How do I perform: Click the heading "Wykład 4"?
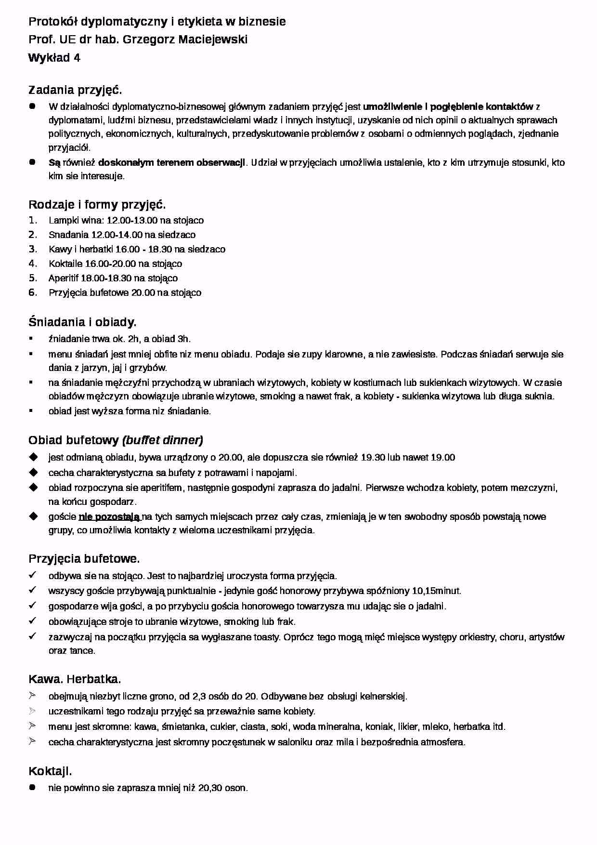click(x=54, y=58)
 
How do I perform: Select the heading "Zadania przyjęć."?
click(x=75, y=90)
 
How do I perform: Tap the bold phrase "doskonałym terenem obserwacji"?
click(x=171, y=162)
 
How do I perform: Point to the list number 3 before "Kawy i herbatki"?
click(x=33, y=249)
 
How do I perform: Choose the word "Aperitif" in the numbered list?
click(x=63, y=278)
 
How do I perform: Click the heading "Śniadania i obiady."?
click(x=82, y=322)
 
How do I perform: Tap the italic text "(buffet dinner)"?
click(x=163, y=440)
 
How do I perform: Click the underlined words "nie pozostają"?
click(x=109, y=517)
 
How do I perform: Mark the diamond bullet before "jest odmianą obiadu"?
click(x=33, y=457)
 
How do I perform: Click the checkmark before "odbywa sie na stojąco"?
click(x=33, y=575)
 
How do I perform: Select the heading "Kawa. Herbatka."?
click(x=75, y=679)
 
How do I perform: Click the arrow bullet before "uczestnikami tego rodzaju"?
click(x=33, y=711)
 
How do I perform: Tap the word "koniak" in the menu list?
click(x=379, y=726)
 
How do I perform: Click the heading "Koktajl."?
click(x=50, y=771)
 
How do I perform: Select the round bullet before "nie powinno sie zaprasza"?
click(x=33, y=788)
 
